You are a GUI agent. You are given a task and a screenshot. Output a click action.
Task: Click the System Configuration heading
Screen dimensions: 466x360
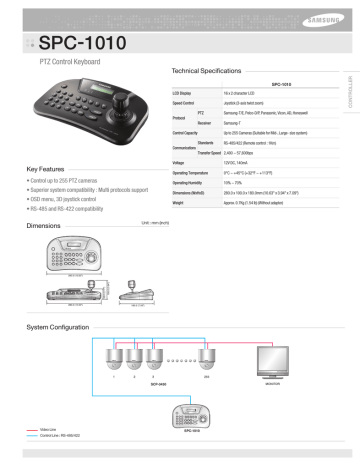(x=57, y=327)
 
